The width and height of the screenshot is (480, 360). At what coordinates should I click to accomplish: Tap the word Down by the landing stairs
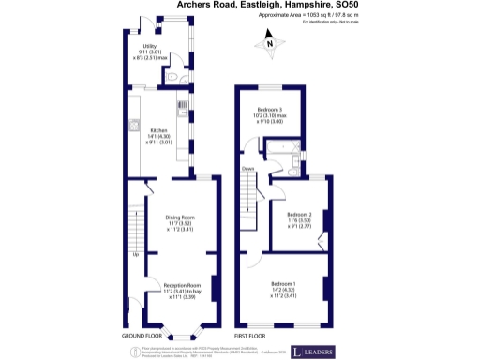pyautogui.click(x=248, y=169)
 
